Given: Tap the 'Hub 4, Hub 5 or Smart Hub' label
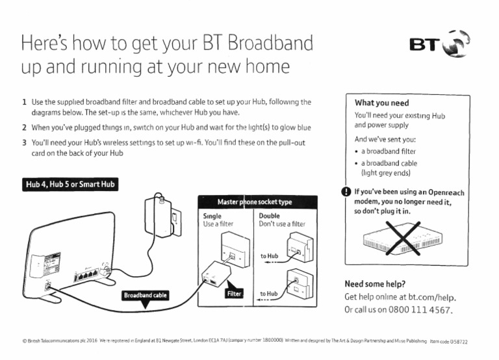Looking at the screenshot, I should (x=70, y=185).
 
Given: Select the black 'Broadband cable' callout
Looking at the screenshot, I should (x=146, y=295).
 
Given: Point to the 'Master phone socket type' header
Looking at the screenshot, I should (x=255, y=202).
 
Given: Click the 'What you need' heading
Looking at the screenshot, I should (x=381, y=103).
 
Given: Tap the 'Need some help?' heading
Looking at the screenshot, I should (x=375, y=284).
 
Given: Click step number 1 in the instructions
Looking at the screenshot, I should (x=24, y=102).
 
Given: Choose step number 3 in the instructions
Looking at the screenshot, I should (x=24, y=142).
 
